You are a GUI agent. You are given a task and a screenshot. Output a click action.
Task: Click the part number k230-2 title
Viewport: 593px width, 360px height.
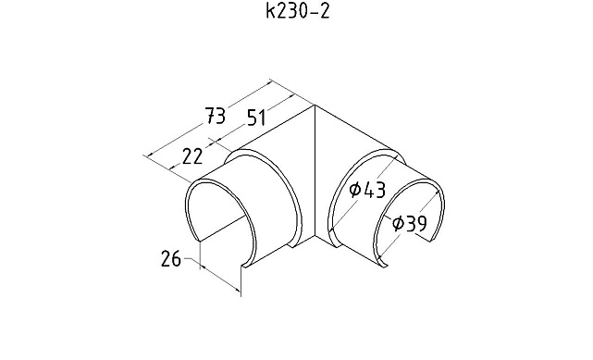coord(298,11)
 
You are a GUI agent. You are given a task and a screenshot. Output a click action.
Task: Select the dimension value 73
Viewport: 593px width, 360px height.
coord(216,116)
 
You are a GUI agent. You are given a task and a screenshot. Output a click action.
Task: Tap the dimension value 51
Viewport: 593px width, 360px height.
coord(257,118)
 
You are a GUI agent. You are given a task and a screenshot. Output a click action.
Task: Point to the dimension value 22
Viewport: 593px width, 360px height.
coord(192,156)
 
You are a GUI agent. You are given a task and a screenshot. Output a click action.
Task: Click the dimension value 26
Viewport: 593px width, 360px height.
coord(171,258)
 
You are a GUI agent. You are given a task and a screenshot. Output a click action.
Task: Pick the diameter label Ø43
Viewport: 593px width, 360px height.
coord(367,190)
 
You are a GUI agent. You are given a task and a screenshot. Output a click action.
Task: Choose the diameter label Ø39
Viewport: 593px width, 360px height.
coord(409,223)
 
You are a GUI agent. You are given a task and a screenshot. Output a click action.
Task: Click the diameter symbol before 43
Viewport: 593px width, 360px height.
coord(354,190)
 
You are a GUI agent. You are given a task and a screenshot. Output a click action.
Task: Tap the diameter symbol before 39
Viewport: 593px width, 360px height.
coord(398,223)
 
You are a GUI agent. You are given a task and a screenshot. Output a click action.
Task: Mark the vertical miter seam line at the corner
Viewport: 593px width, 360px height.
coord(315,172)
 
